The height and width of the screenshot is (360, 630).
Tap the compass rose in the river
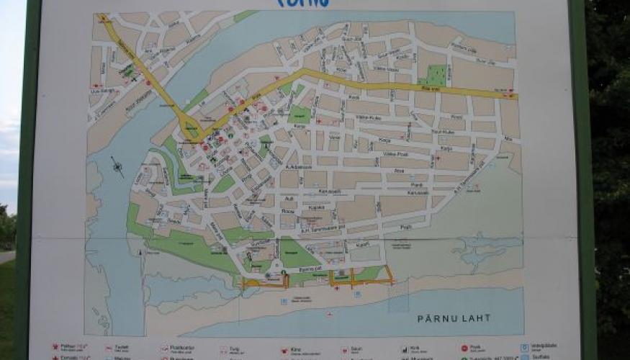(117, 167)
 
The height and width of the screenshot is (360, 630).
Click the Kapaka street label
(316, 207)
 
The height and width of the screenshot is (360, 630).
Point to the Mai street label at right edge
(508, 139)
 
